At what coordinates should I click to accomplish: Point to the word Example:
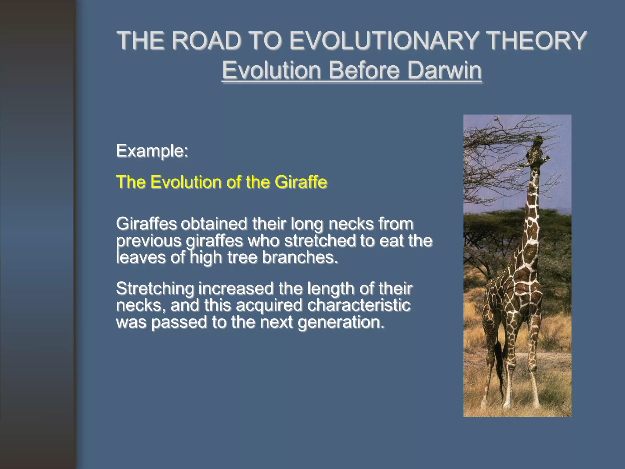click(152, 151)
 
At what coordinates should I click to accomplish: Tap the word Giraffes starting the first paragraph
click(146, 224)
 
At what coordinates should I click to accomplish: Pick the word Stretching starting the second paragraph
click(155, 289)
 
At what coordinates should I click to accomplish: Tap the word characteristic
click(359, 305)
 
